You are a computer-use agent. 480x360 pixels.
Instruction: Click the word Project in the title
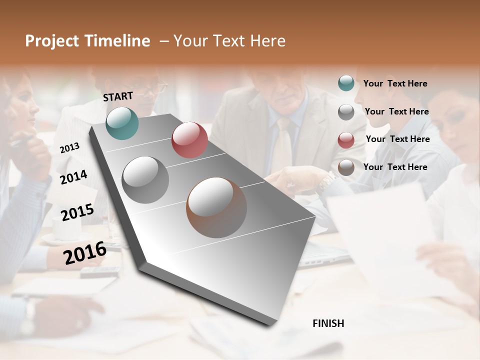pos(51,41)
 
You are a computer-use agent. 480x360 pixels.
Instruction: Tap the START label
pos(118,96)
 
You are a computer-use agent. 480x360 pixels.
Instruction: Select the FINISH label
pos(328,323)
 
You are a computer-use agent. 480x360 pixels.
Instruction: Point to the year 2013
pos(69,147)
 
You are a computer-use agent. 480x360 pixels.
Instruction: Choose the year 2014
pos(73,177)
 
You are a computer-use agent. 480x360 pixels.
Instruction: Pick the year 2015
pos(77,212)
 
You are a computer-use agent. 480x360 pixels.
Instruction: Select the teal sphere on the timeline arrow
pos(122,123)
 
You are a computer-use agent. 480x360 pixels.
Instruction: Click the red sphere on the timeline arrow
pos(189,139)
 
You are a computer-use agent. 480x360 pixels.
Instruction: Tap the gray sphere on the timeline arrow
pos(145,179)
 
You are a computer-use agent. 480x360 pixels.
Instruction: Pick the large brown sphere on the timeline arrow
pos(216,207)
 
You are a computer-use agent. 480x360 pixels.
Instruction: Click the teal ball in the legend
pos(346,83)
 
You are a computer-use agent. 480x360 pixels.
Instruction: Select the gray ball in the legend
pos(346,112)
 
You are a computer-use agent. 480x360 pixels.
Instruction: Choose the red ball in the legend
pos(346,140)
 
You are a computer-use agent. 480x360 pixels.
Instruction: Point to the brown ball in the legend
pos(346,167)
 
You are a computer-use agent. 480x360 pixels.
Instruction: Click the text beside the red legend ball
pos(397,139)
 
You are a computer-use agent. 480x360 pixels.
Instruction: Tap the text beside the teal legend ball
pos(395,83)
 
